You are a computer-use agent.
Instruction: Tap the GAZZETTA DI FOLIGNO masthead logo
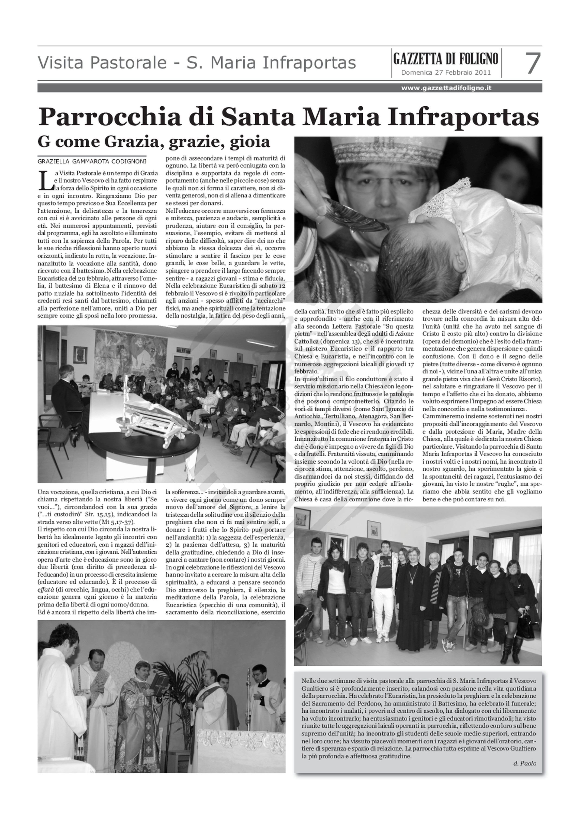point(446,58)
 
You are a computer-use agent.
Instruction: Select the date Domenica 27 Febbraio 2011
point(446,73)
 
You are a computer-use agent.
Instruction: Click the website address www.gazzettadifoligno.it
point(446,88)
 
